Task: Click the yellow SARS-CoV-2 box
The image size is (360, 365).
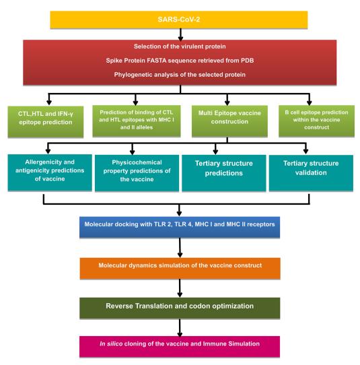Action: [179, 20]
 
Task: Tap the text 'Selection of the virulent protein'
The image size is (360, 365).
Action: [180, 46]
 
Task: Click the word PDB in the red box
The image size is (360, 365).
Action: [247, 61]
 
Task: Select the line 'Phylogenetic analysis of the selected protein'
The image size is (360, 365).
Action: [180, 75]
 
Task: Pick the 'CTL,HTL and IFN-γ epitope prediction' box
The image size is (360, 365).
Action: [46, 122]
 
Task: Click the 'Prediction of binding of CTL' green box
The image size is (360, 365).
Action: [137, 121]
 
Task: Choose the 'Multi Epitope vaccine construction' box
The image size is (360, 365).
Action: [229, 121]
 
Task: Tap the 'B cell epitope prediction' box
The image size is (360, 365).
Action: [316, 121]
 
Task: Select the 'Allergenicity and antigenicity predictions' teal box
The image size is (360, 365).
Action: [50, 172]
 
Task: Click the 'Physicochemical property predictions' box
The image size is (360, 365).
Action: [137, 173]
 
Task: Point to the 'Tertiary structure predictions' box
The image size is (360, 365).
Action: [223, 173]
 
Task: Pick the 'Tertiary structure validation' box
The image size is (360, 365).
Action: [311, 173]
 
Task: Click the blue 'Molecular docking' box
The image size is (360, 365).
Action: [180, 227]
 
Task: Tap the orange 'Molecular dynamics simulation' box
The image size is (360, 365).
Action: [180, 268]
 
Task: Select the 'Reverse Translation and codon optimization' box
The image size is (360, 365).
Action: [180, 308]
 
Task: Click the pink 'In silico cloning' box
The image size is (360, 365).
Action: [180, 347]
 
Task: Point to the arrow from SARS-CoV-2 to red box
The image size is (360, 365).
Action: [180, 34]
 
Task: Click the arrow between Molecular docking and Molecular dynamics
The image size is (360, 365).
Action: [180, 248]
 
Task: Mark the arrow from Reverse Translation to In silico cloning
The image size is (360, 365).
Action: [180, 327]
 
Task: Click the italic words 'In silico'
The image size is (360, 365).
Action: [111, 344]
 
